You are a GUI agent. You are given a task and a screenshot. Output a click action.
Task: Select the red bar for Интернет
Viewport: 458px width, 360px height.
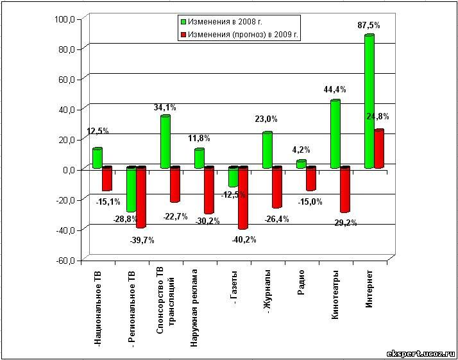pyautogui.click(x=379, y=149)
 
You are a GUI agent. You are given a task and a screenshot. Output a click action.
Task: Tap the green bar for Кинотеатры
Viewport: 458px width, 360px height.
pyautogui.click(x=335, y=134)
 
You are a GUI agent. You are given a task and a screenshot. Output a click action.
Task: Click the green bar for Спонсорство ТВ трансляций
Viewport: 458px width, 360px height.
pyautogui.click(x=165, y=142)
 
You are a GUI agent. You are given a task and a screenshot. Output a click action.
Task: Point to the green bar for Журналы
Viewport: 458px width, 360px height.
pyautogui.click(x=267, y=150)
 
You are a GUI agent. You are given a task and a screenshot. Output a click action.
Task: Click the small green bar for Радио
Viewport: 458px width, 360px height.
pyautogui.click(x=301, y=164)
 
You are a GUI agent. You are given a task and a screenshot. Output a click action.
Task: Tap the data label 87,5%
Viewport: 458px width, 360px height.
pyautogui.click(x=369, y=26)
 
